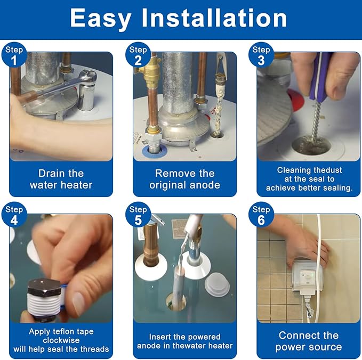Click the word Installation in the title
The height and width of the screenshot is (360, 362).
pyautogui.click(x=214, y=18)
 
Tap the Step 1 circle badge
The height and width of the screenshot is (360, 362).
pyautogui.click(x=14, y=55)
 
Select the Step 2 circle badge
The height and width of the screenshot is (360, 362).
pyautogui.click(x=138, y=55)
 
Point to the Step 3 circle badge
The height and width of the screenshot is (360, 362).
pyautogui.click(x=261, y=55)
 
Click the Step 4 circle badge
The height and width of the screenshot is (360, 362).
pyautogui.click(x=14, y=215)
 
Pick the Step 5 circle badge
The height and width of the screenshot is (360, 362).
pyautogui.click(x=138, y=215)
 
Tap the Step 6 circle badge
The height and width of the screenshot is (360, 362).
pyautogui.click(x=261, y=215)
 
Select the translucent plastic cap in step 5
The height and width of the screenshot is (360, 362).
pyautogui.click(x=217, y=284)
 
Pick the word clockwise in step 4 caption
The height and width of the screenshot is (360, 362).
pyautogui.click(x=61, y=340)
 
